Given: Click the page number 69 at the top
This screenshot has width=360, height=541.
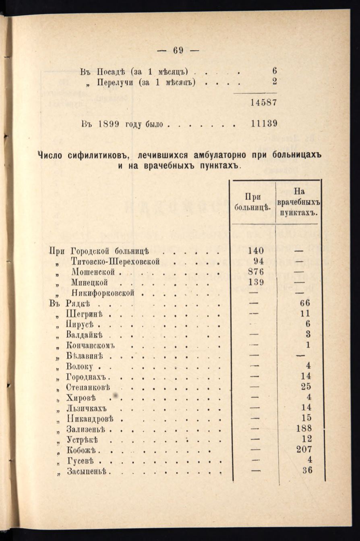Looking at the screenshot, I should (178, 50).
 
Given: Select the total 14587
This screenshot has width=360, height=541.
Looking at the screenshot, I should (263, 102).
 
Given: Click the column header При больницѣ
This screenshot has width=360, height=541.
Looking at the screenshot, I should (252, 202).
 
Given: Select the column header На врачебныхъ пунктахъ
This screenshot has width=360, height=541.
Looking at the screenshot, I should (298, 201).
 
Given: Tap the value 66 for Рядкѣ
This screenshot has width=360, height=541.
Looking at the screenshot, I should (306, 303).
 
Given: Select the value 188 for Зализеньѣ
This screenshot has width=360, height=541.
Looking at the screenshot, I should (304, 428).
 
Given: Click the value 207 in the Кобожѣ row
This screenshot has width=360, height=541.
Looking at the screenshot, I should (304, 449).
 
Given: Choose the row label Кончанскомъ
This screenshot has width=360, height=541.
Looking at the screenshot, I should (91, 345).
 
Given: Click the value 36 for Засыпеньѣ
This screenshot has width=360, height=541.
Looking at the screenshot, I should (307, 470).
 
